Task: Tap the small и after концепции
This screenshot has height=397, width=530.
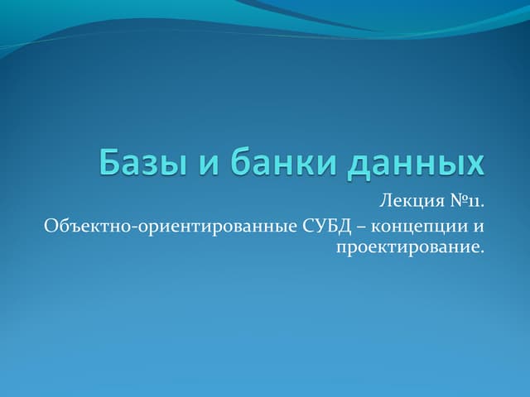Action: [x=479, y=227]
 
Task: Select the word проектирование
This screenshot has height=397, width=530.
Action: [x=407, y=248]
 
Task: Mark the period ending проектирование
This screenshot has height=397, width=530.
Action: [x=481, y=251]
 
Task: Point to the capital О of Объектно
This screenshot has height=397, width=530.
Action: [x=47, y=226]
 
